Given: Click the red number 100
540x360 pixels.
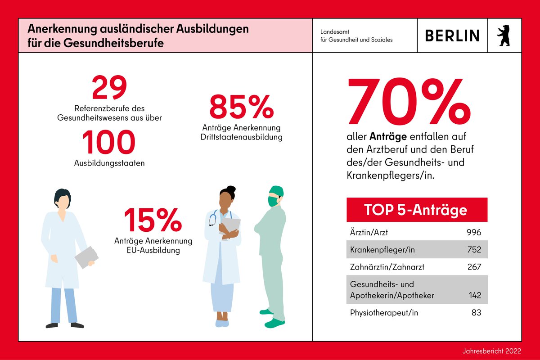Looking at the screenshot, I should point(109,143).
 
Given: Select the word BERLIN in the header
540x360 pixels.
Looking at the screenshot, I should point(452,36).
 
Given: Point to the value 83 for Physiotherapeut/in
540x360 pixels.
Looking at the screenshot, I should point(477,312).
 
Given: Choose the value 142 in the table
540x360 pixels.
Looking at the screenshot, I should point(474,295).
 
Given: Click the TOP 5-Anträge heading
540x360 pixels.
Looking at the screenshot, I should point(415,210).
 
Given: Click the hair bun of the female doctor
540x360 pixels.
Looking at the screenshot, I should point(231,189).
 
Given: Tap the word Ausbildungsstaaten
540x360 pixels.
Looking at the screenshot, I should point(109,163).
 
